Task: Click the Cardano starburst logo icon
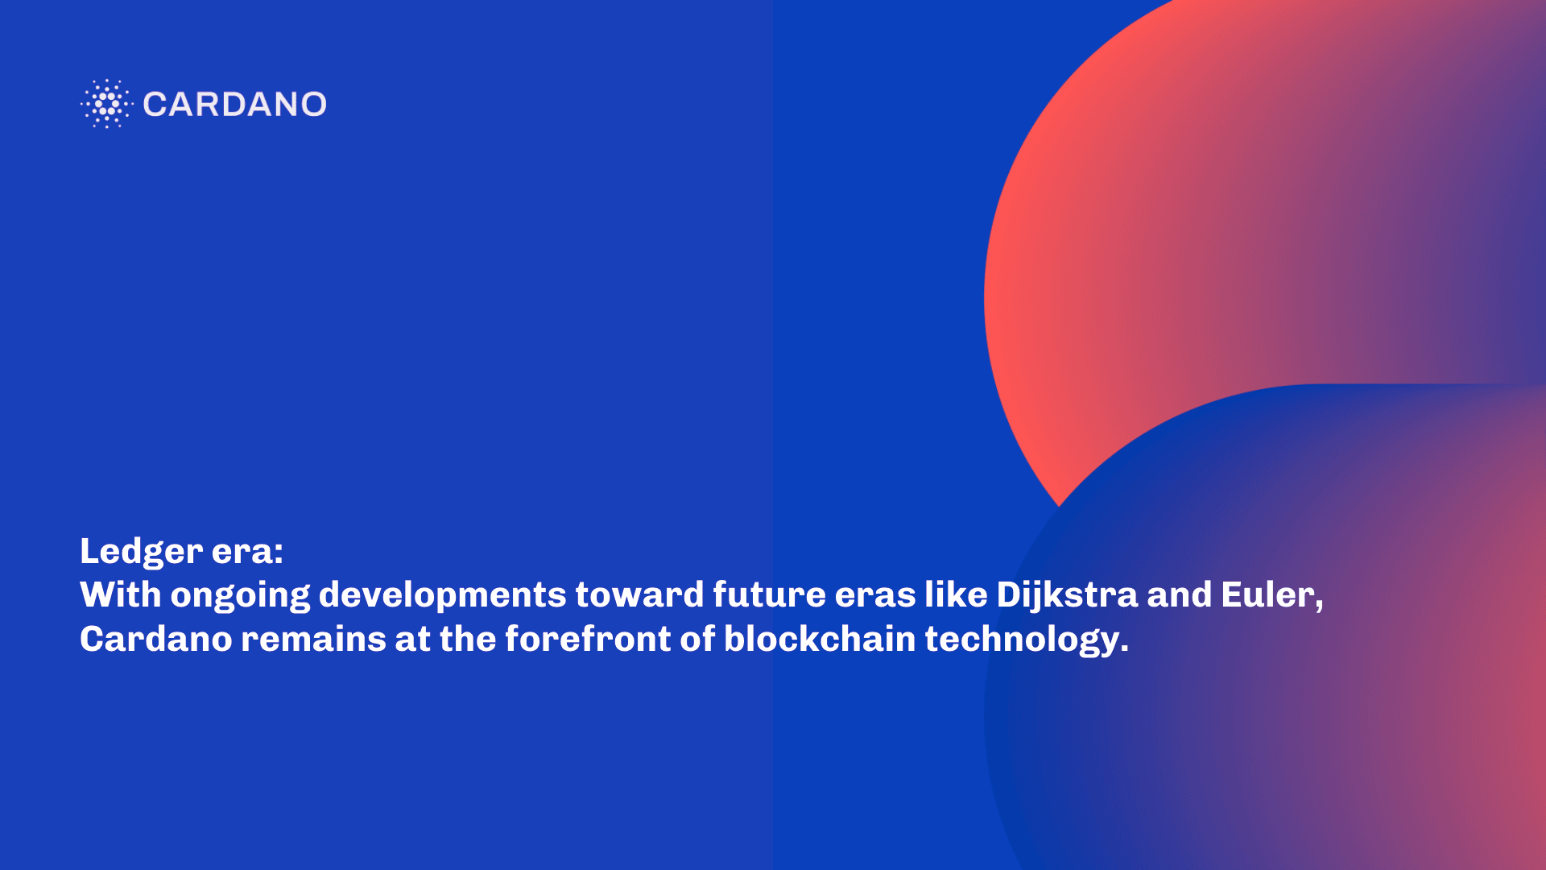[x=106, y=104]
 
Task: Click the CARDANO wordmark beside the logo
[x=234, y=104]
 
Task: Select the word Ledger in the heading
[x=141, y=553]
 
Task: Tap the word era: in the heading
[x=248, y=553]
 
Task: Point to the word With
[x=121, y=594]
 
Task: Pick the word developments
[x=443, y=596]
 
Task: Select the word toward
[x=640, y=594]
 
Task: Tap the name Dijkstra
[x=1068, y=596]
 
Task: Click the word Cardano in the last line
[x=156, y=639]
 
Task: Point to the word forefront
[x=588, y=639]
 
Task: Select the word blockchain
[x=820, y=639]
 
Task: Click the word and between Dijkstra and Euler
[x=1180, y=594]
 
